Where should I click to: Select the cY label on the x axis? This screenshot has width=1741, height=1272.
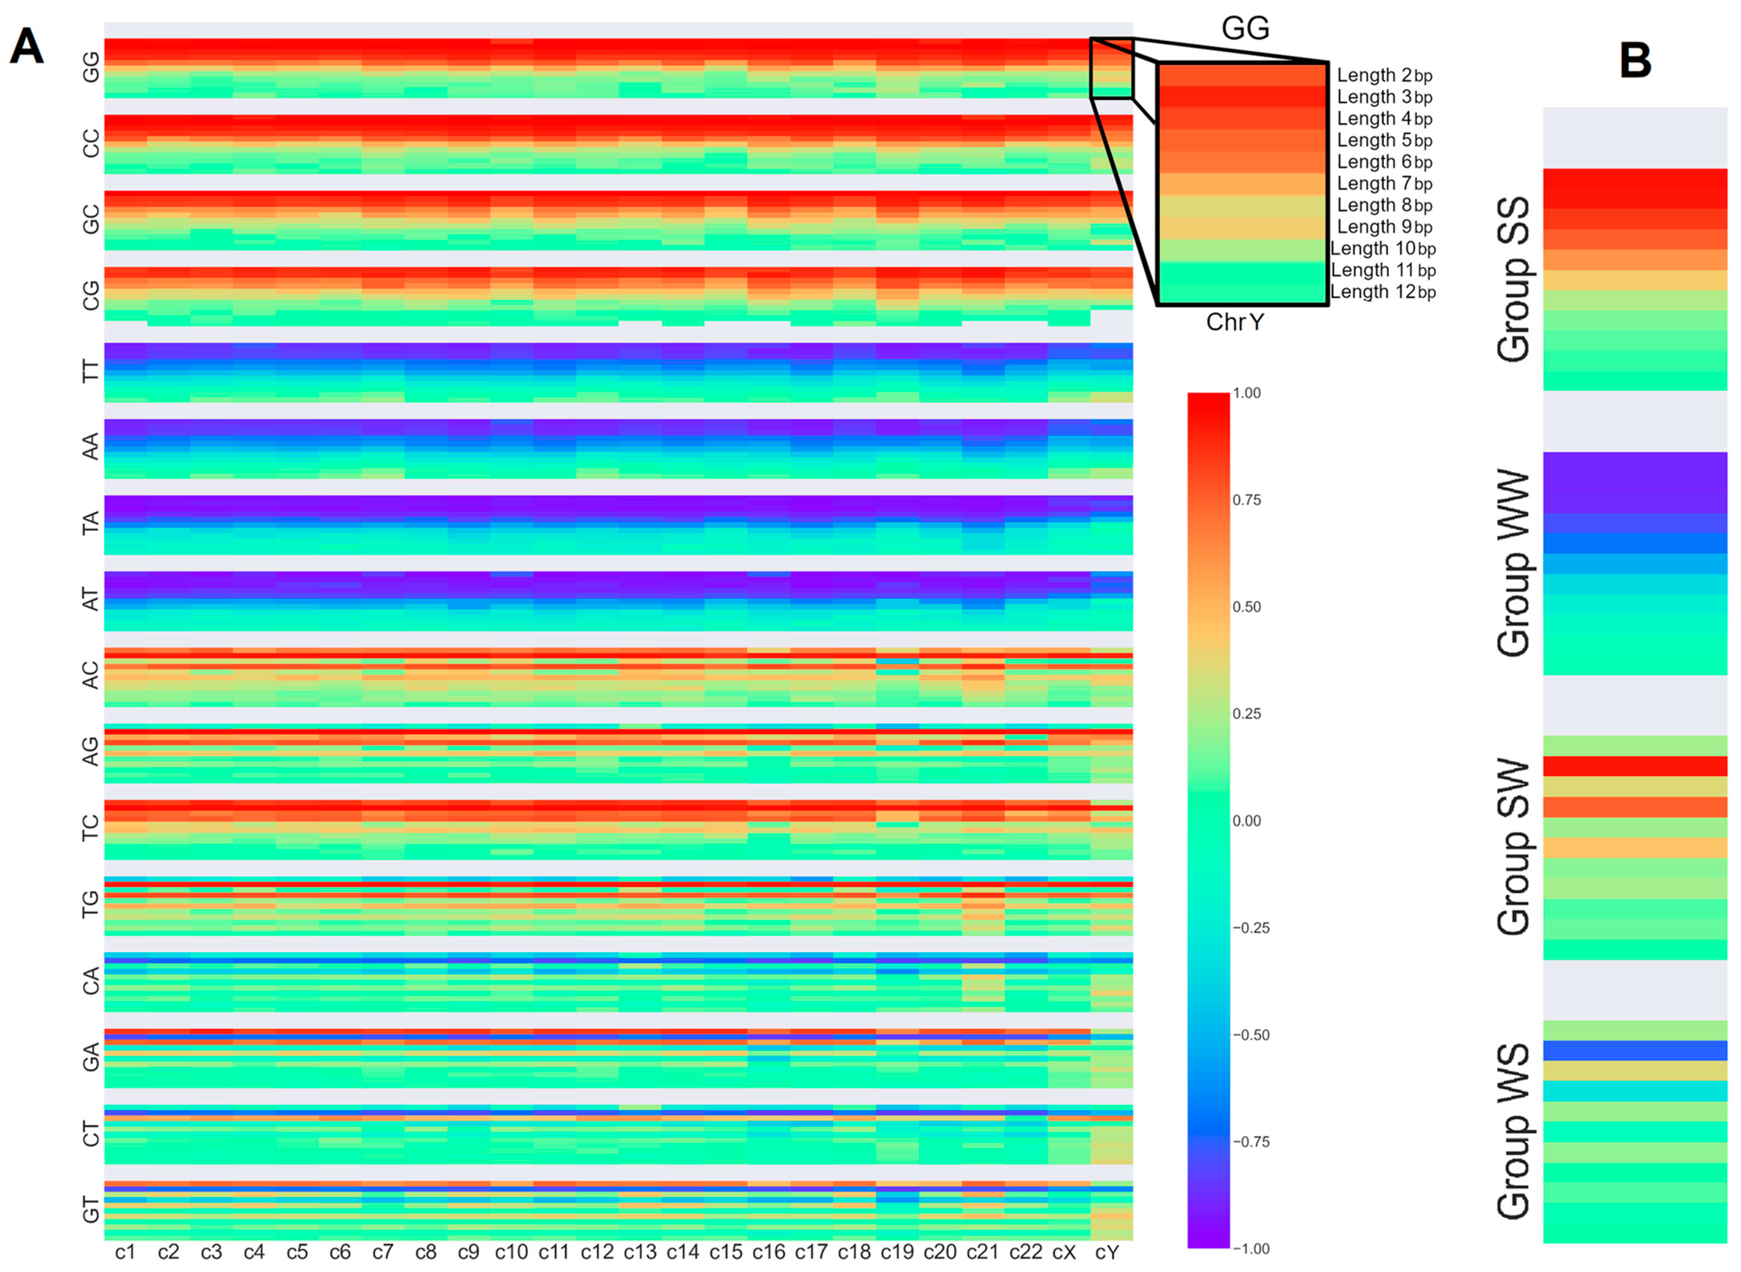tap(1106, 1253)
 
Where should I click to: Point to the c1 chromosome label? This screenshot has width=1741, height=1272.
tap(125, 1253)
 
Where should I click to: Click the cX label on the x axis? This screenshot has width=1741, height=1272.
tap(1064, 1253)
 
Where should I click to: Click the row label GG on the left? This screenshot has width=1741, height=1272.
tap(91, 67)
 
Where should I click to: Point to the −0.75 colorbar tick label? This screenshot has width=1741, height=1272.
tap(1250, 1142)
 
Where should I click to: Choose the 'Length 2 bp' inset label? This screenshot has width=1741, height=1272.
tap(1384, 75)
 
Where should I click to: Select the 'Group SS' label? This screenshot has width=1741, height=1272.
tap(1513, 280)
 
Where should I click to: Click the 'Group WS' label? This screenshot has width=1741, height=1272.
tap(1513, 1132)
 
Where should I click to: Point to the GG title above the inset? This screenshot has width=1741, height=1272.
tap(1245, 29)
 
